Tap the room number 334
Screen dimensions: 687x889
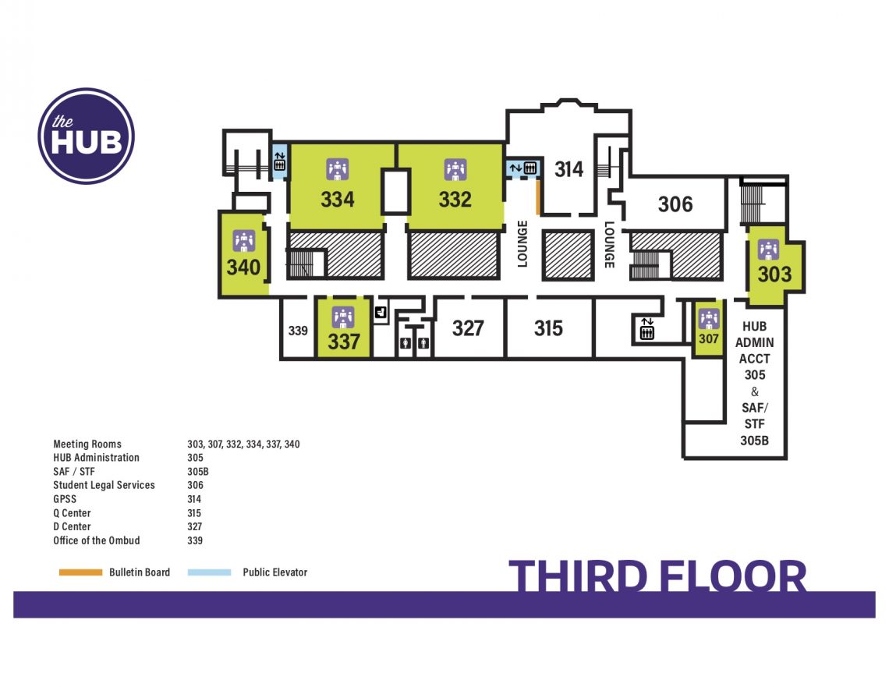338,200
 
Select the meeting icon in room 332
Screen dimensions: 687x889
455,168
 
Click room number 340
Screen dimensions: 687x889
243,267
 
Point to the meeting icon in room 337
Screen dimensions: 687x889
343,317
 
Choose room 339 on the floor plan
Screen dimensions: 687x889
298,331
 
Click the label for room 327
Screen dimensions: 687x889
468,328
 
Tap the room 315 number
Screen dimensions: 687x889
548,328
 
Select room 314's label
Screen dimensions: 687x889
568,169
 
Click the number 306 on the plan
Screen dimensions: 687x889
675,204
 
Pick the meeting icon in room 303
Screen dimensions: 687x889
768,250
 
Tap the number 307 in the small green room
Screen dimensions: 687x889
708,339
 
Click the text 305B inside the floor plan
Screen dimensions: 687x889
755,440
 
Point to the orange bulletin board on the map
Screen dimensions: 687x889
538,197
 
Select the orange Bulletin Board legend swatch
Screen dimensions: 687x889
81,572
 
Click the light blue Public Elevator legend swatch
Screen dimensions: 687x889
210,572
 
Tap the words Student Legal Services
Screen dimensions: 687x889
104,485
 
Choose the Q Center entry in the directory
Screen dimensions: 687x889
72,513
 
